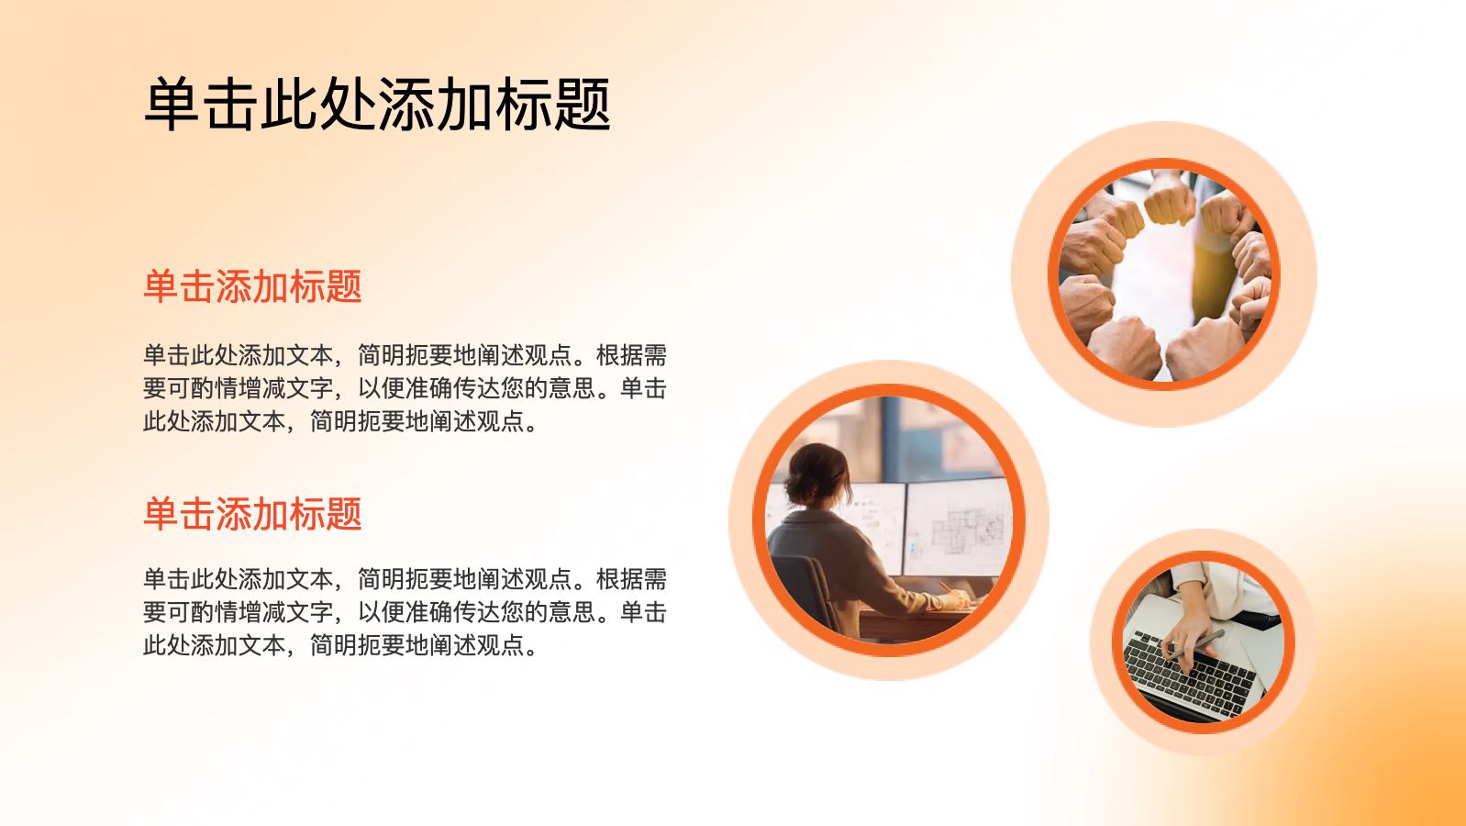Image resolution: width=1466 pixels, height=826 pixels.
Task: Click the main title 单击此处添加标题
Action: (x=377, y=104)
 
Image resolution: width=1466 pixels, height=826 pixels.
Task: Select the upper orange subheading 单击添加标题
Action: (x=252, y=286)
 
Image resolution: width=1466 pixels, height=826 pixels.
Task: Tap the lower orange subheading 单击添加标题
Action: (x=252, y=513)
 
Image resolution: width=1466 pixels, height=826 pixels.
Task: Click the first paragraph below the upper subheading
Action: (x=405, y=388)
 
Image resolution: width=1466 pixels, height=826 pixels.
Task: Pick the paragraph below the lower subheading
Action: (x=405, y=612)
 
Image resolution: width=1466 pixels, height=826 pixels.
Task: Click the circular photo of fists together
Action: (x=1164, y=274)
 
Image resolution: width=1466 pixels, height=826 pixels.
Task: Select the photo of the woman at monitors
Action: (x=889, y=520)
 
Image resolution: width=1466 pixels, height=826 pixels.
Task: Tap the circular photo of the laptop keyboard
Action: (x=1204, y=642)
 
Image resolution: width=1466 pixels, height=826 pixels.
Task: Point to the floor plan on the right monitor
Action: (x=967, y=529)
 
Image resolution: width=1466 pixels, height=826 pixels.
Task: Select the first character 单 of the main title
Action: (x=172, y=104)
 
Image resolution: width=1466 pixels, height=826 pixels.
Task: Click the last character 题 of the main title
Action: (x=583, y=104)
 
